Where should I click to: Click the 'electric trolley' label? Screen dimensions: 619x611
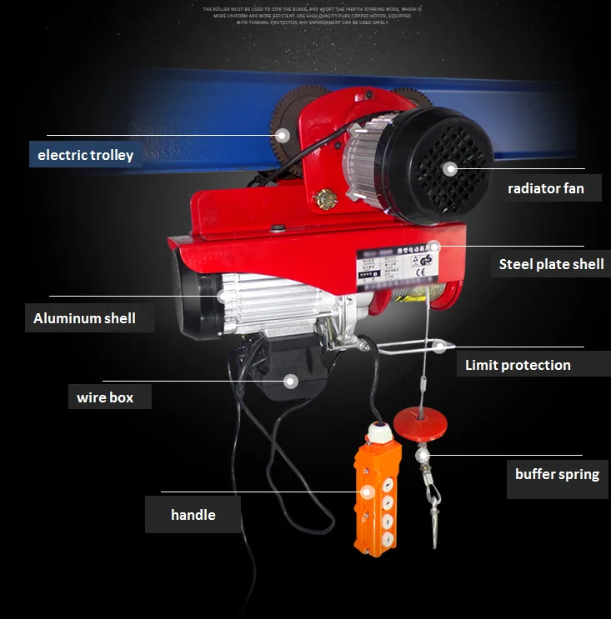click(85, 155)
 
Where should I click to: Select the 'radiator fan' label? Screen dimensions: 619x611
click(546, 188)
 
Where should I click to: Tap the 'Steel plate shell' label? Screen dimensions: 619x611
click(551, 265)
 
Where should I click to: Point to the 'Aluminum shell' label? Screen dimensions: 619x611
click(84, 318)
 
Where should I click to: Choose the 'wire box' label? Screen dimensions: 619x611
click(105, 397)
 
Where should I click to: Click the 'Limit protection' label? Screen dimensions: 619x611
click(518, 365)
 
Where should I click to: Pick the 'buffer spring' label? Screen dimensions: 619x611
click(557, 474)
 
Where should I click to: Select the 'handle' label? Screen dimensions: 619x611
click(193, 515)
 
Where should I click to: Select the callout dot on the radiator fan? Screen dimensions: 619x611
click(451, 168)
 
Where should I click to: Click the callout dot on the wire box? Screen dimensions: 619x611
click(290, 382)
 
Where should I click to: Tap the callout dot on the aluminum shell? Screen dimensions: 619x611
click(223, 295)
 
